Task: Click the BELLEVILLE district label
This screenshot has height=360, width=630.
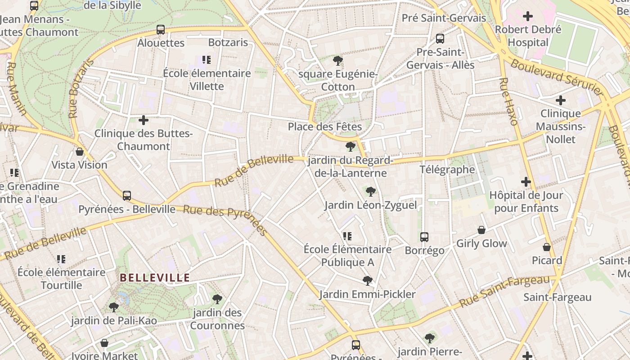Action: click(x=155, y=278)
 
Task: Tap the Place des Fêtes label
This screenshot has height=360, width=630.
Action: click(x=324, y=126)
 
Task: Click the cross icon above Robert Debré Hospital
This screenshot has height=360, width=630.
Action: click(x=527, y=17)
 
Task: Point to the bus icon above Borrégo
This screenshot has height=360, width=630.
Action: click(x=424, y=237)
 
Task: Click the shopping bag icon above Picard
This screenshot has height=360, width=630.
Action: click(x=546, y=247)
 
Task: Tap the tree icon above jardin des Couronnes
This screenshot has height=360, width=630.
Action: click(x=217, y=299)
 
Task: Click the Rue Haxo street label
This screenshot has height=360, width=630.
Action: click(x=508, y=102)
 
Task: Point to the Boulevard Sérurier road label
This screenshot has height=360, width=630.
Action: click(x=557, y=77)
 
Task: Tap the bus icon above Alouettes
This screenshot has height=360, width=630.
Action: click(x=160, y=30)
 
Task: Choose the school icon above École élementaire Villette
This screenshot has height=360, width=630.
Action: click(x=207, y=60)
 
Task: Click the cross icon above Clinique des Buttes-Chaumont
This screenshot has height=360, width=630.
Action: click(x=143, y=120)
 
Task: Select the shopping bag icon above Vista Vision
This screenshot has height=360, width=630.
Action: click(x=80, y=152)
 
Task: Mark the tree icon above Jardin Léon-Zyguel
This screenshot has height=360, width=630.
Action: click(x=370, y=192)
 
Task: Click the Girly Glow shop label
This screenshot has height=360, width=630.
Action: click(x=481, y=243)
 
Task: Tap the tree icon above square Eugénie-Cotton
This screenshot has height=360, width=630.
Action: click(x=337, y=61)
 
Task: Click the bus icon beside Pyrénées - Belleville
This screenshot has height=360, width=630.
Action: click(x=127, y=196)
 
